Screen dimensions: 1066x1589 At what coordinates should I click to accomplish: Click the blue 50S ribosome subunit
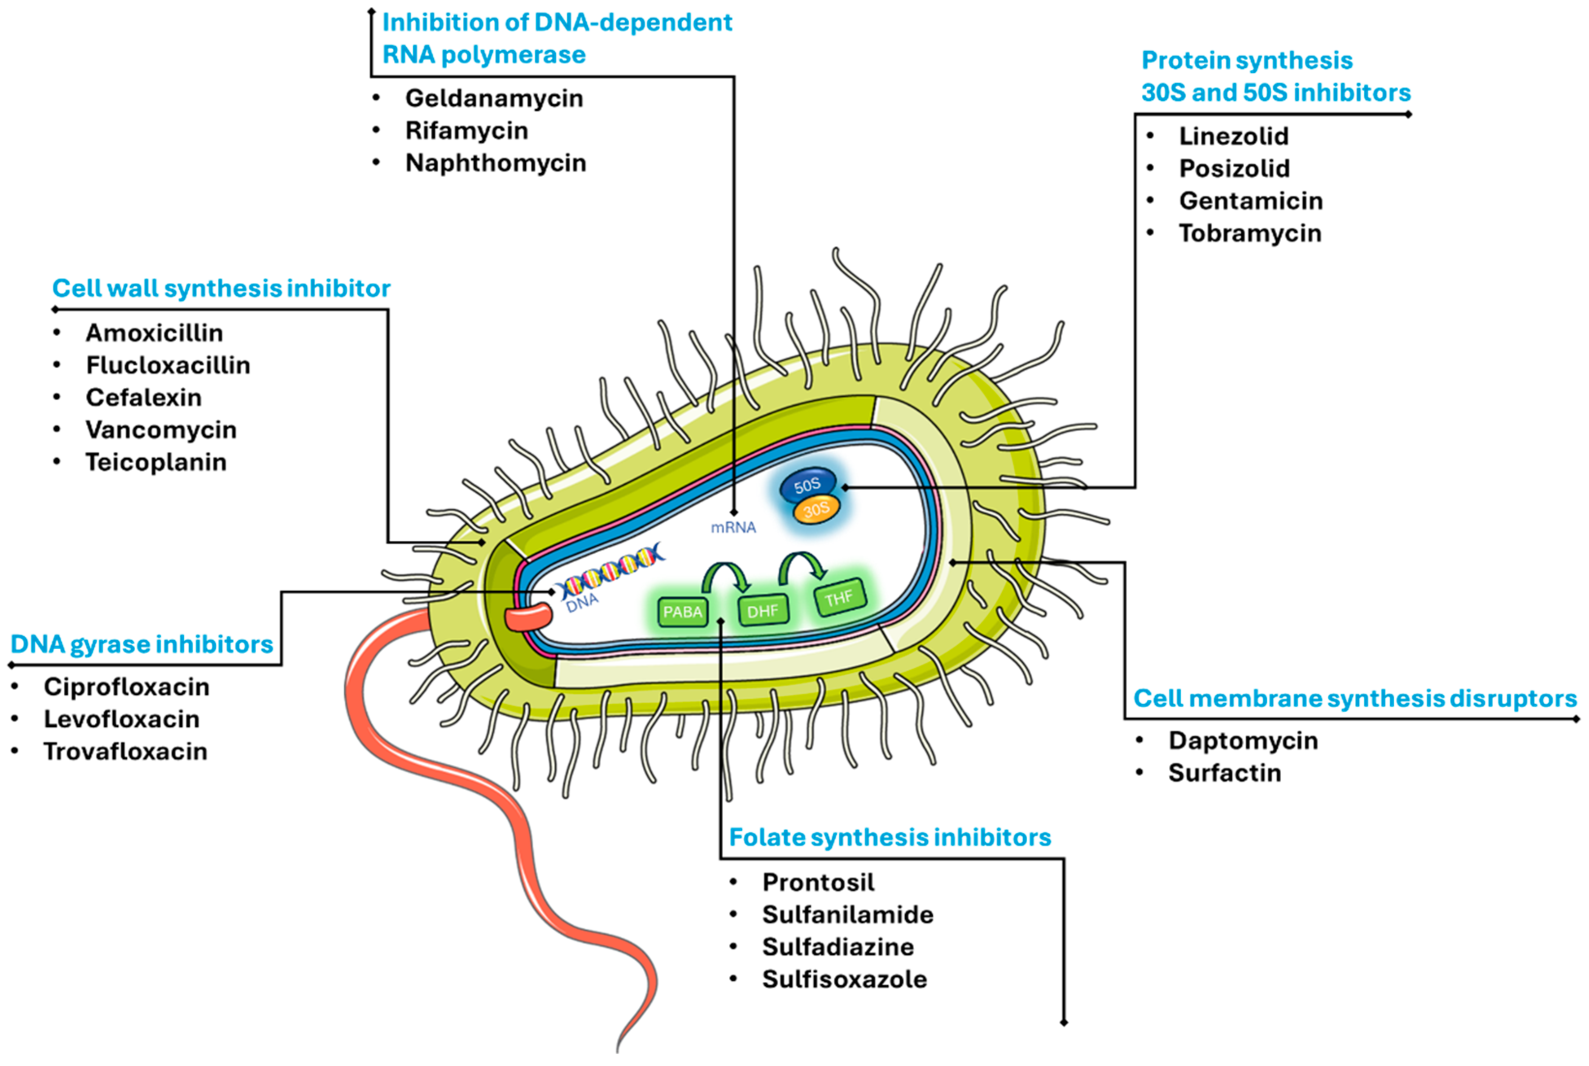pos(806,485)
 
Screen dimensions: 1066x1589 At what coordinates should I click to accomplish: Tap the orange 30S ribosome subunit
pos(816,510)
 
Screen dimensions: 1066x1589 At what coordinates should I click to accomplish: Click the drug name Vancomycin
pos(161,430)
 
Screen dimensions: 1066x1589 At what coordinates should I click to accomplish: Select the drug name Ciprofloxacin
pos(126,686)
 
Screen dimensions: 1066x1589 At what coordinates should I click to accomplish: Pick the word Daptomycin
pos(1243,740)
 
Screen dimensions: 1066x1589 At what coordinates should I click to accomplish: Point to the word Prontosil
pos(818,883)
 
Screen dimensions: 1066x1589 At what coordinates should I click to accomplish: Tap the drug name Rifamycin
pos(466,131)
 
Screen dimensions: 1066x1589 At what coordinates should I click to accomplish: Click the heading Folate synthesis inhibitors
pos(889,837)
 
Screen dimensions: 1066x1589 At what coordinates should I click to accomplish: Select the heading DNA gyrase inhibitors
pos(141,644)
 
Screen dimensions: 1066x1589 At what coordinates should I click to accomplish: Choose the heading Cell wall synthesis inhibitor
pos(221,288)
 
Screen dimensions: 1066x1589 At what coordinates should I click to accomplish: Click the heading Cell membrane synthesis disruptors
pos(1355,698)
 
